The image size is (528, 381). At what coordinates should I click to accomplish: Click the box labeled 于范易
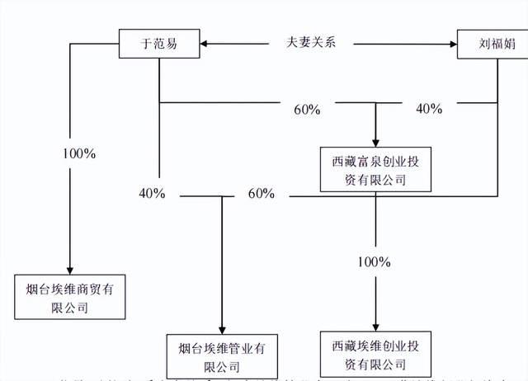(x=159, y=45)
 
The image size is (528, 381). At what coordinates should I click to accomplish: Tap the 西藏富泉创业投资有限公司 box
(x=376, y=170)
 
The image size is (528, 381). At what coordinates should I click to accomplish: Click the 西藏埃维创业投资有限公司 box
(x=376, y=350)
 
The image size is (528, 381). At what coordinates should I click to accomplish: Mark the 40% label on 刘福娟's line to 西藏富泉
(x=429, y=108)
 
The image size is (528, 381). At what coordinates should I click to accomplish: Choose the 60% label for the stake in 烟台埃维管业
(x=261, y=194)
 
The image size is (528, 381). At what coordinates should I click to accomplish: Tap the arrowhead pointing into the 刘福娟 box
(x=453, y=45)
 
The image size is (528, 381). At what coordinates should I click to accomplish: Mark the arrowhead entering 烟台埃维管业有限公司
(x=222, y=329)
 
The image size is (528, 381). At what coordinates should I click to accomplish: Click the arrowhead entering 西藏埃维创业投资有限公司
(x=376, y=326)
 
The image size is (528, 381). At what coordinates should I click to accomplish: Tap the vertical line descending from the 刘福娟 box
(x=497, y=124)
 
